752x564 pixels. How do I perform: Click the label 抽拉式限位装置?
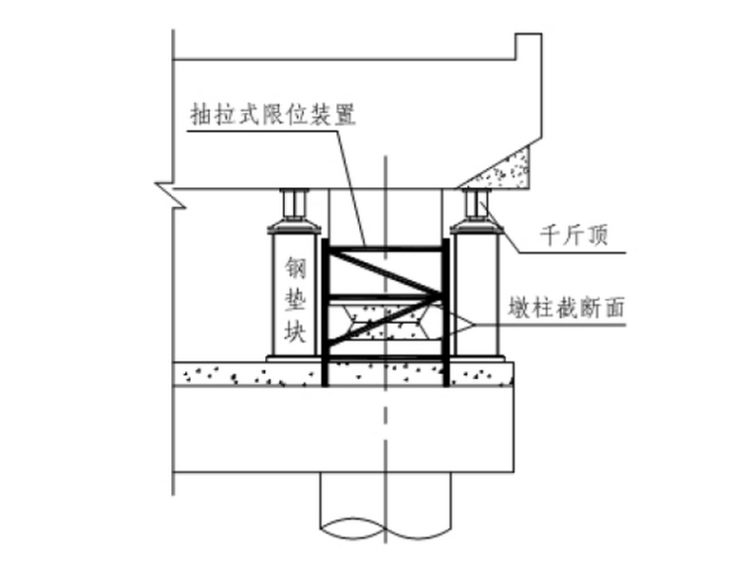coord(273,113)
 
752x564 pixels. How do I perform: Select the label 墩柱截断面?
coord(573,308)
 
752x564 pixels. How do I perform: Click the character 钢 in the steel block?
coord(295,268)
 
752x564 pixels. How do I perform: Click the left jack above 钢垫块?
coord(294,206)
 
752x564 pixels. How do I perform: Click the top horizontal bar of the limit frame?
coord(386,245)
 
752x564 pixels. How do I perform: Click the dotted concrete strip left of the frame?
coord(247,373)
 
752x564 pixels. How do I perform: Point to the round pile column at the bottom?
coord(386,519)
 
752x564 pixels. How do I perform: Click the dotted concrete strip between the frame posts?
coord(386,373)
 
